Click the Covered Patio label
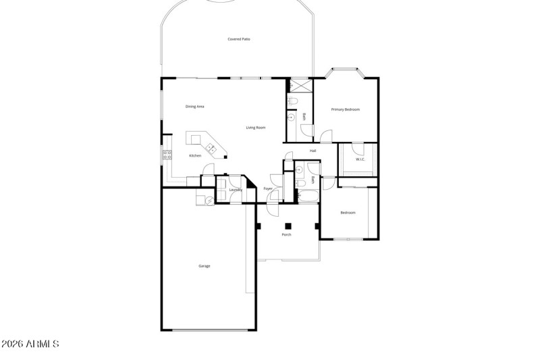(x=239, y=39)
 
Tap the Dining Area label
(x=195, y=107)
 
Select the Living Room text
(x=255, y=128)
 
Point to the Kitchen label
(x=195, y=156)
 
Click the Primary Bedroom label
(x=345, y=109)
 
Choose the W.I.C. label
(x=360, y=159)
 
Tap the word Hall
(x=313, y=151)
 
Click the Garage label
(x=205, y=266)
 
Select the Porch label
(x=287, y=234)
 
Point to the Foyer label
(x=268, y=189)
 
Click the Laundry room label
(x=236, y=190)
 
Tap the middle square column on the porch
(x=288, y=226)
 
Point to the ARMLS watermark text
(x=31, y=344)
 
